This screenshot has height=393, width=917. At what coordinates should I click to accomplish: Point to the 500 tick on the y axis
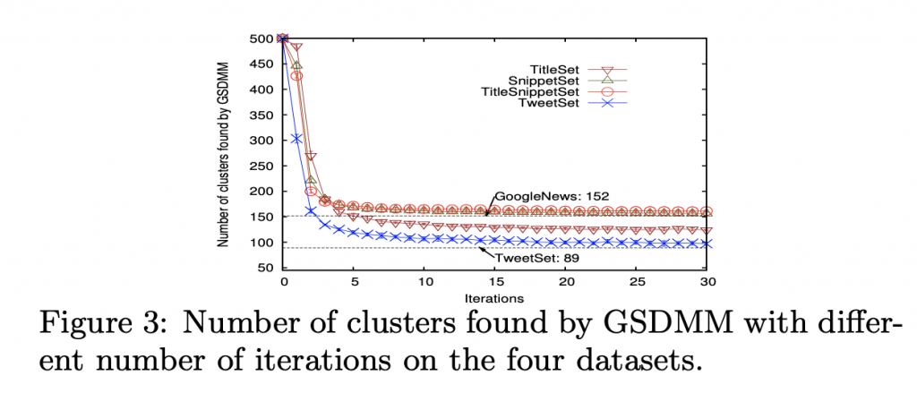[x=261, y=38]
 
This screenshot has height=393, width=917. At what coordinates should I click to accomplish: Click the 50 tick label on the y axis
[x=264, y=268]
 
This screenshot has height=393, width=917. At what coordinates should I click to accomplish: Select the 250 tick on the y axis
[x=261, y=166]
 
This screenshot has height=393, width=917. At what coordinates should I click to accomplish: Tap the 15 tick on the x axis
[x=494, y=282]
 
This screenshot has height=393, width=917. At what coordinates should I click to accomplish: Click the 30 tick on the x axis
[x=706, y=282]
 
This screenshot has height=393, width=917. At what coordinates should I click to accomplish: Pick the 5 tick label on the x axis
[x=354, y=282]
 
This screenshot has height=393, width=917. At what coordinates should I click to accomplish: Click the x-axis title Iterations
[x=494, y=296]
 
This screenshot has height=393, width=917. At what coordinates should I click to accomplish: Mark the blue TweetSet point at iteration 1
[x=297, y=139]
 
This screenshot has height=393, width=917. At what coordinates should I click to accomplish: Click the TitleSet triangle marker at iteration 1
[x=297, y=47]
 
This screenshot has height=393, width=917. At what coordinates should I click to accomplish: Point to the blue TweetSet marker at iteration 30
[x=706, y=243]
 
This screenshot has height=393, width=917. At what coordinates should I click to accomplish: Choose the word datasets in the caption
[x=635, y=362]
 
